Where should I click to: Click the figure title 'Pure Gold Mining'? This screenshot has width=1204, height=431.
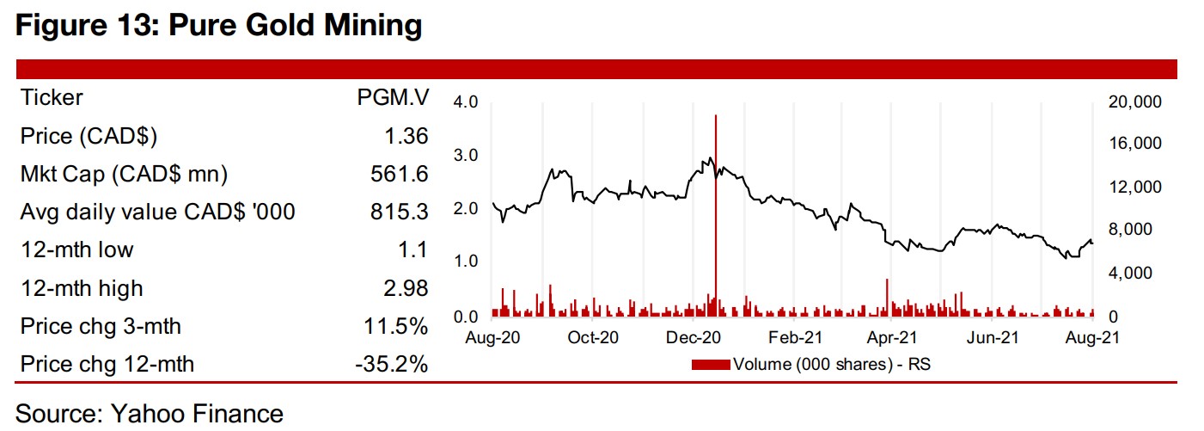tap(219, 25)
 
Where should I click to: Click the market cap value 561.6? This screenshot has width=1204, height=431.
tap(403, 175)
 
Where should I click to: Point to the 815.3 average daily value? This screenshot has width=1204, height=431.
tap(403, 212)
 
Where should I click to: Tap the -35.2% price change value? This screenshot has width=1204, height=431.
tap(391, 365)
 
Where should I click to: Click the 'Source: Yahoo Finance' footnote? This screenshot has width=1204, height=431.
tap(150, 414)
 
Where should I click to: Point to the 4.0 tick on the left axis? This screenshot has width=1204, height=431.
tap(465, 102)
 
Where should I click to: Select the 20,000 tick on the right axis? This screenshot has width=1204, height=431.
tap(1134, 102)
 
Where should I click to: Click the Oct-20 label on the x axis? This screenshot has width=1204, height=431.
tap(594, 338)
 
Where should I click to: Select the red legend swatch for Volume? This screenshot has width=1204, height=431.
tap(712, 365)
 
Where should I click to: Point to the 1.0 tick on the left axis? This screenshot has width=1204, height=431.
tap(465, 261)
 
